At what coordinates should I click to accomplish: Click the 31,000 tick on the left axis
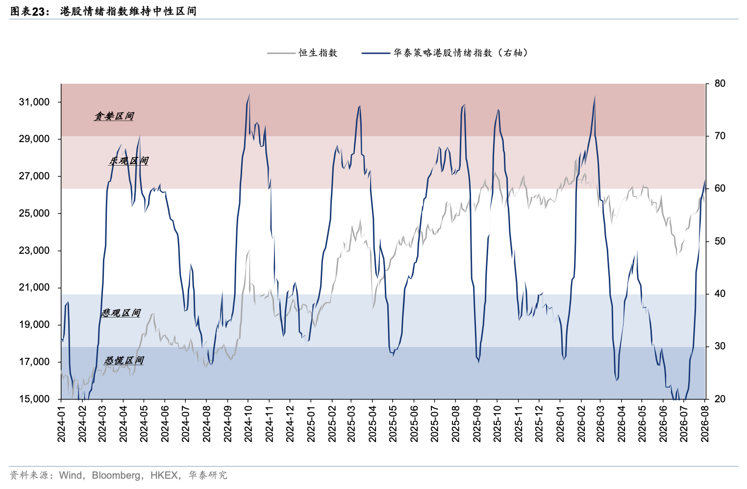coord(34,102)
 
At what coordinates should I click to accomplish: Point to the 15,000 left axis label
coord(34,399)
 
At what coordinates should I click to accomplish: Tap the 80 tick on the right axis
coord(720,83)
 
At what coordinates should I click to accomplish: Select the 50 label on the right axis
coord(720,241)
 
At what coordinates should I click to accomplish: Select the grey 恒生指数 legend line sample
coord(281,53)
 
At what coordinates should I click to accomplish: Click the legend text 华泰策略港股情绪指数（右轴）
coord(461,53)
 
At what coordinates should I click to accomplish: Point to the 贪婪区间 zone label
coord(114,116)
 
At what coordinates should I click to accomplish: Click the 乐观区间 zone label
coord(128,161)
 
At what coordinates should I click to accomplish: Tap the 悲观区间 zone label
coord(121,313)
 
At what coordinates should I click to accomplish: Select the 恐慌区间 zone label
coord(124,360)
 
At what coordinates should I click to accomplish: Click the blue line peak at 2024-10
coord(249,95)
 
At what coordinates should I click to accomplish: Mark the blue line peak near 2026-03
coord(595,97)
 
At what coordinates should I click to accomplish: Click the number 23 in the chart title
coord(39,12)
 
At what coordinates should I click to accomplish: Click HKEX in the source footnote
coord(164,475)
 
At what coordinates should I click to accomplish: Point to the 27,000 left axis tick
coord(34,176)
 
